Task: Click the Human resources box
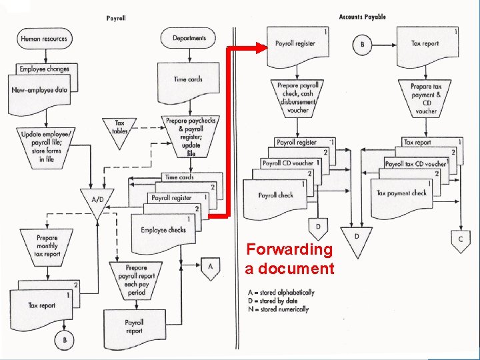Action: pyautogui.click(x=44, y=39)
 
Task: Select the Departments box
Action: pyautogui.click(x=189, y=38)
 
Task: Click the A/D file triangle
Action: pyautogui.click(x=97, y=201)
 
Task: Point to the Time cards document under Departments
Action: pyautogui.click(x=188, y=79)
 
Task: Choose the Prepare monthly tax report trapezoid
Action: pyautogui.click(x=47, y=245)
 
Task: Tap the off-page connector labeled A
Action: pyautogui.click(x=210, y=267)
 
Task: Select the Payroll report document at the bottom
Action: pyautogui.click(x=135, y=327)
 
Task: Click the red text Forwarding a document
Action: pyautogui.click(x=290, y=259)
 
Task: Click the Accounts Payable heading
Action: pyautogui.click(x=362, y=17)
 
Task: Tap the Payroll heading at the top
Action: pyautogui.click(x=116, y=18)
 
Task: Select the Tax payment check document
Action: pyautogui.click(x=401, y=194)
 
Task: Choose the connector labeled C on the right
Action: pyautogui.click(x=460, y=239)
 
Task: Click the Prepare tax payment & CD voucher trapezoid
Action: pyautogui.click(x=425, y=98)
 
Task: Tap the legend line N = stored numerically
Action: pyautogui.click(x=277, y=309)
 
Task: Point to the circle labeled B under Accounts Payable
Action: pyautogui.click(x=363, y=45)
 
